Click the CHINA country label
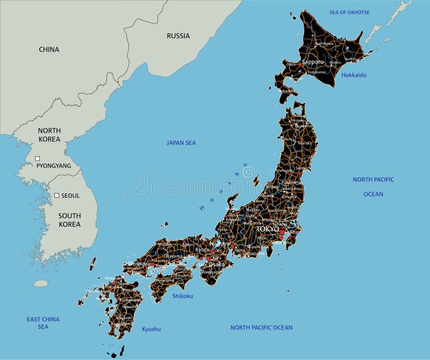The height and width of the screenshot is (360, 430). click(x=49, y=49)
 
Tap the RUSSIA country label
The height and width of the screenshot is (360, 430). click(x=178, y=36)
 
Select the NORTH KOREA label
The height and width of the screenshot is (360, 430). click(x=49, y=135)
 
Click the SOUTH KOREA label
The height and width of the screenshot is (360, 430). click(x=70, y=220)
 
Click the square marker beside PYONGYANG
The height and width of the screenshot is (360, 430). click(x=38, y=159)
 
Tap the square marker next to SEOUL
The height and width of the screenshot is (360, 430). click(x=56, y=195)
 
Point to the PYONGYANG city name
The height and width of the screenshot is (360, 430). click(x=54, y=166)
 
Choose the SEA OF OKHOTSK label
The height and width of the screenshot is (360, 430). click(x=349, y=12)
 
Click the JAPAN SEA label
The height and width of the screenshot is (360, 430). click(x=181, y=143)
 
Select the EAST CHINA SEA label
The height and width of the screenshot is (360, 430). click(x=43, y=323)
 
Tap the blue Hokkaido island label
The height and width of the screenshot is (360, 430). click(x=354, y=75)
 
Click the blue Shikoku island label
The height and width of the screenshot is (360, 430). click(x=182, y=296)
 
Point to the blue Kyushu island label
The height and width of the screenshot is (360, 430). click(x=151, y=329)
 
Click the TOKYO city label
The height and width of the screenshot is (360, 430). click(x=267, y=229)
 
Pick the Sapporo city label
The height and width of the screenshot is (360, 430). click(x=313, y=62)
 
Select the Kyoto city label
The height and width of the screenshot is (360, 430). click(x=202, y=250)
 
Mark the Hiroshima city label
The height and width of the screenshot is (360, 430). click(x=138, y=264)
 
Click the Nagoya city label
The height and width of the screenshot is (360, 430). click(x=219, y=243)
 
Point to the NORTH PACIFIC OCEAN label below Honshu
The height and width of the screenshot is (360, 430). click(x=261, y=328)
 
